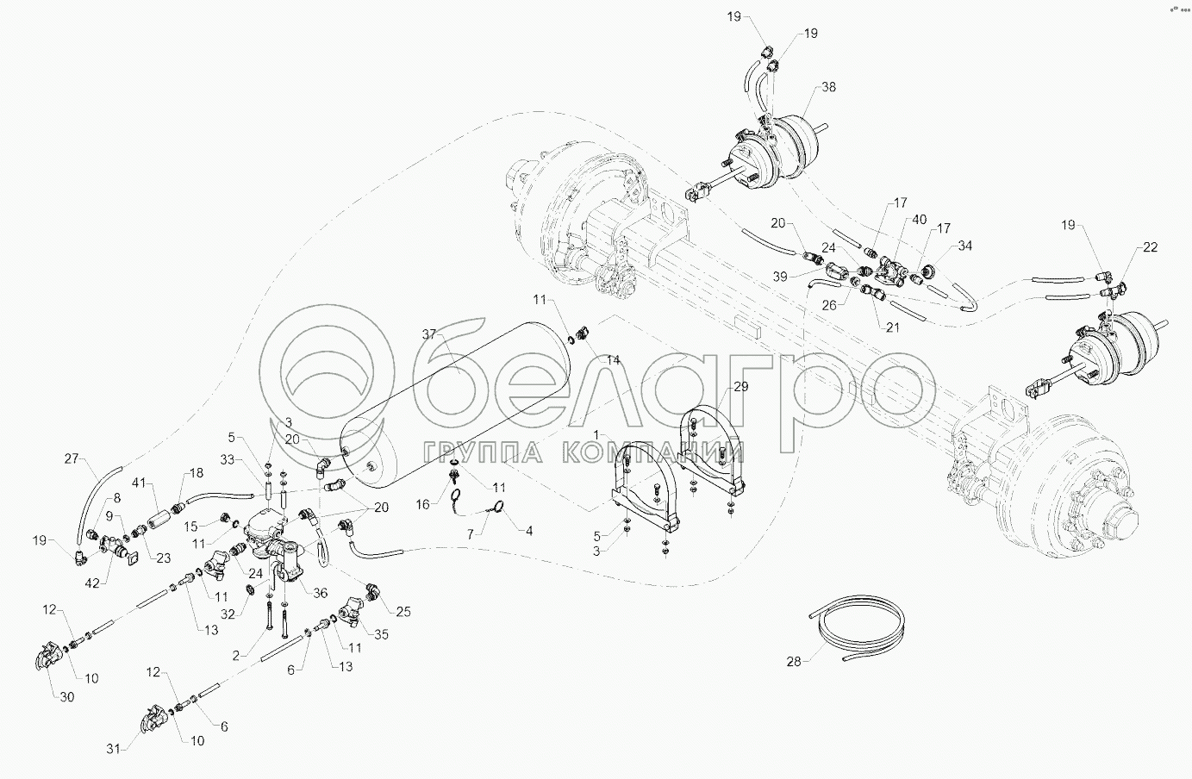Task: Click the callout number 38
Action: [x=828, y=87]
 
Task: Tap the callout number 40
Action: [x=919, y=219]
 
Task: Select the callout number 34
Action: [x=964, y=246]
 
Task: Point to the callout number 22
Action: [x=1150, y=247]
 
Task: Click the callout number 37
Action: [x=429, y=334]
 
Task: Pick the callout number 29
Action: [x=740, y=386]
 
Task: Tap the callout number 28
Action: [x=794, y=662]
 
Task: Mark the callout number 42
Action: [x=92, y=583]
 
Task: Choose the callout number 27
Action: [x=72, y=458]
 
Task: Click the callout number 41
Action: [x=139, y=483]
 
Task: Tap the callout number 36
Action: [x=320, y=593]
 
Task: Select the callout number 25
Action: [x=403, y=612]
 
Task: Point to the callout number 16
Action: [x=422, y=504]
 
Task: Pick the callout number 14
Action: [x=613, y=360]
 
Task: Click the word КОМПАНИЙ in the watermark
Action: [x=653, y=452]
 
